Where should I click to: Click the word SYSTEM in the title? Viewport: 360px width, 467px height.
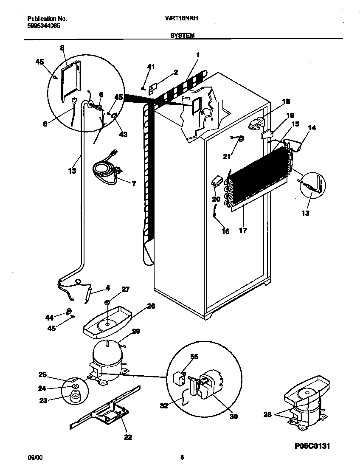[x=182, y=36]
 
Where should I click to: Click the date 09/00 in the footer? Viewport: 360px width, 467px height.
[x=34, y=457]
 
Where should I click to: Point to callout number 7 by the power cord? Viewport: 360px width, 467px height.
[x=134, y=184]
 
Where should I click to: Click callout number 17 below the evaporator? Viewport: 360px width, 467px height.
[x=242, y=231]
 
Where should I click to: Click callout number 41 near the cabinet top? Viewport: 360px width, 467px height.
[x=151, y=67]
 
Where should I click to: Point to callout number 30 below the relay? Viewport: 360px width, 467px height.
[x=233, y=417]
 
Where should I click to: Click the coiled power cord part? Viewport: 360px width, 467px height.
[x=106, y=168]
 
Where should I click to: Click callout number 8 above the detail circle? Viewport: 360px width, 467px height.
[x=62, y=48]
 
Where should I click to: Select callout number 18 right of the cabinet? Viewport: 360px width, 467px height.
[x=286, y=101]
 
